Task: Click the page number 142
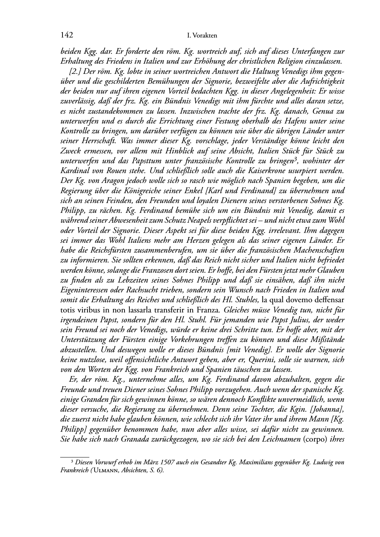click(x=67, y=35)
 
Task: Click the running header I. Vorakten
click(x=202, y=36)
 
